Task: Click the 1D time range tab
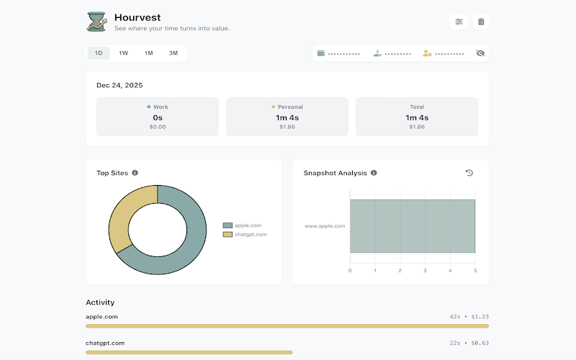tap(99, 53)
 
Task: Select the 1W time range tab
tap(123, 53)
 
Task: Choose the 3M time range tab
tap(173, 53)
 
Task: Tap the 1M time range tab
tap(148, 53)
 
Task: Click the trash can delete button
tap(481, 22)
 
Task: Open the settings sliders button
tap(459, 22)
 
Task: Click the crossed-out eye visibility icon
tap(480, 53)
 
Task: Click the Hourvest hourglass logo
tap(96, 22)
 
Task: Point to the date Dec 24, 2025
tap(120, 85)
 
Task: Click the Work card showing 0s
tap(158, 117)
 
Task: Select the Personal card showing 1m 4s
tap(287, 117)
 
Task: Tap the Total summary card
tap(417, 117)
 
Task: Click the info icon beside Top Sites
tap(135, 173)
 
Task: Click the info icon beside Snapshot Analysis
tap(374, 173)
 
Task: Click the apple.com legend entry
tap(245, 225)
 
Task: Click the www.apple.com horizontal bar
tap(412, 226)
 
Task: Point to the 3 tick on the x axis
tap(425, 271)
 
